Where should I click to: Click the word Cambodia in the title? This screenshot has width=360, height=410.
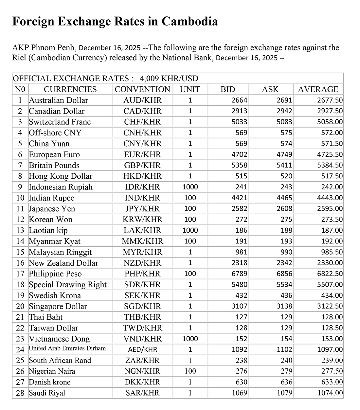click(189, 22)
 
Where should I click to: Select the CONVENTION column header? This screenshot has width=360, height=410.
click(142, 89)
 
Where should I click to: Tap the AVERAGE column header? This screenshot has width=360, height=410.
click(318, 89)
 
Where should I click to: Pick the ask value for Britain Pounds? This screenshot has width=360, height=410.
click(284, 165)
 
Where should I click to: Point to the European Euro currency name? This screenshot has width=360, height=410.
click(54, 154)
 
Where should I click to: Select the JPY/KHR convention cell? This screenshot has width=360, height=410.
click(142, 209)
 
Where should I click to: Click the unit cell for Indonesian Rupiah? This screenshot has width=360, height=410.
click(190, 187)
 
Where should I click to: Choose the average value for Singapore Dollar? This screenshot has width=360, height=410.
click(330, 306)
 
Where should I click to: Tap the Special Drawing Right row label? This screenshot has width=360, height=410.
click(68, 285)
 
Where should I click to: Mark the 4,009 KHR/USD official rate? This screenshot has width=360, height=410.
click(169, 79)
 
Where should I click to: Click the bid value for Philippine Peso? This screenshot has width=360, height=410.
click(239, 274)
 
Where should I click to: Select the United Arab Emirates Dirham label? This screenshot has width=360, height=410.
click(67, 348)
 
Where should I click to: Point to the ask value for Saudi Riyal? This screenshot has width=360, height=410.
click(284, 393)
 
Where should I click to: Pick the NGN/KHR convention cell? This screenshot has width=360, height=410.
click(142, 371)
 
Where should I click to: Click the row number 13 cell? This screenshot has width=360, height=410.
click(20, 230)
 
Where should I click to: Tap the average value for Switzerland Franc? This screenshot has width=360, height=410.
click(330, 122)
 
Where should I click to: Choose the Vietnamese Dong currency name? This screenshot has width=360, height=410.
click(59, 339)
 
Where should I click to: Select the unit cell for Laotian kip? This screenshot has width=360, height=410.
click(190, 230)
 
